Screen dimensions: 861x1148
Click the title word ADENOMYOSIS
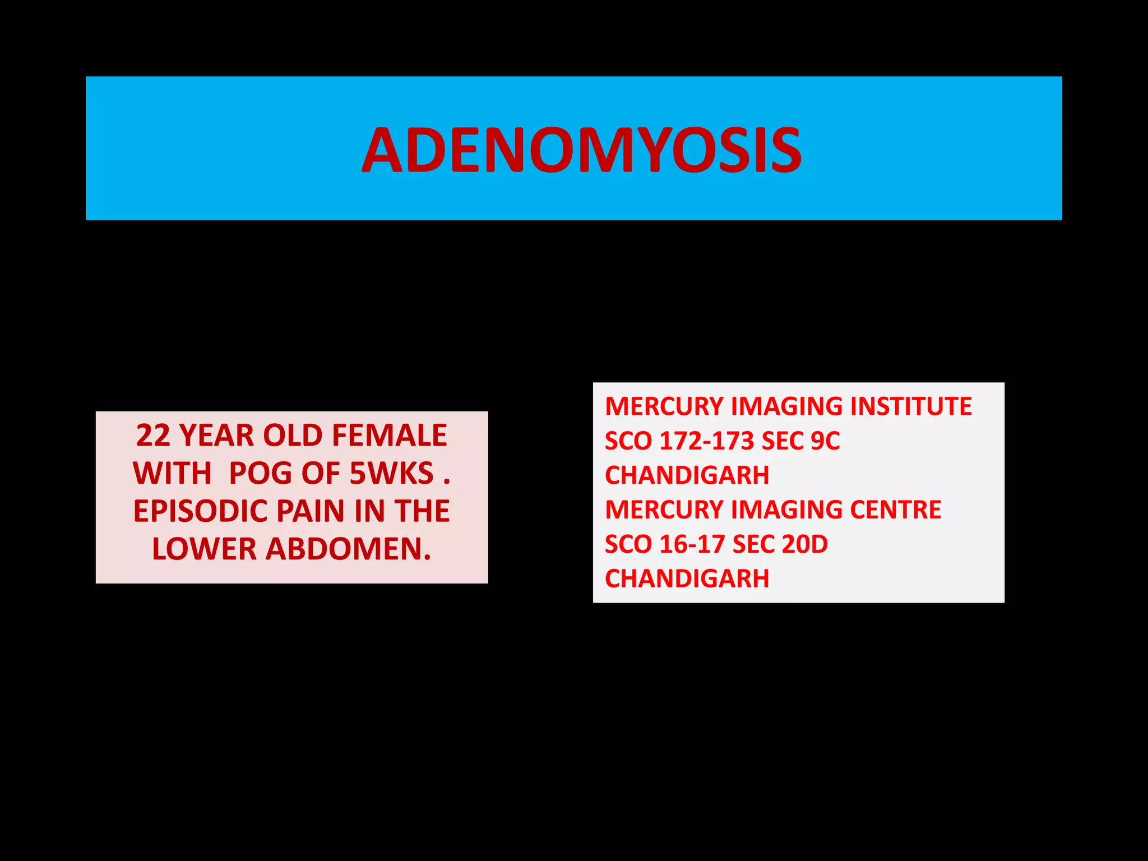pyautogui.click(x=581, y=150)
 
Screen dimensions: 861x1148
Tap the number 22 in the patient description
pyautogui.click(x=153, y=436)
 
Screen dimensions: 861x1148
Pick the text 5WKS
pyautogui.click(x=391, y=473)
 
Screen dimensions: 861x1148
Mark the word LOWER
pyautogui.click(x=203, y=549)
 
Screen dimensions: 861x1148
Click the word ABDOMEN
pyautogui.click(x=348, y=549)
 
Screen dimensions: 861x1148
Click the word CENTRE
pyautogui.click(x=895, y=510)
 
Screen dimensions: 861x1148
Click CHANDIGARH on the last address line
pyautogui.click(x=687, y=578)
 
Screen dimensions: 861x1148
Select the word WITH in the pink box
pyautogui.click(x=172, y=473)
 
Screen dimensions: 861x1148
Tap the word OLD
pyautogui.click(x=291, y=436)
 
